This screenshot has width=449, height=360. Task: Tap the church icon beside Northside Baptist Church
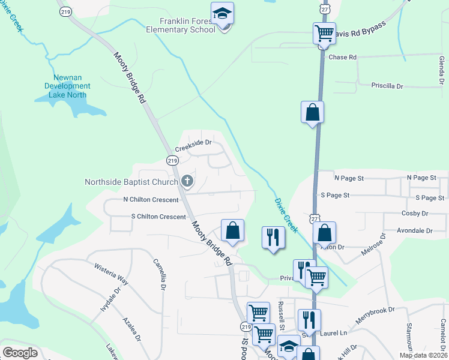(187, 181)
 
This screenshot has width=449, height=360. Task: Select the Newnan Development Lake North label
(67, 86)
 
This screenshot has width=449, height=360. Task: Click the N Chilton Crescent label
(151, 200)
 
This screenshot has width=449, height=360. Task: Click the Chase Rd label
(343, 58)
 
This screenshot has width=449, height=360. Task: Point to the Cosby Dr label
(415, 214)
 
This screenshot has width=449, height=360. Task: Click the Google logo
(20, 353)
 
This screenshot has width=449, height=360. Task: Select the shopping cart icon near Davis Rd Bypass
(324, 33)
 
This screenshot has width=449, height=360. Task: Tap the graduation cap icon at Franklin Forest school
(222, 14)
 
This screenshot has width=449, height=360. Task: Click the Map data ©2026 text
(423, 355)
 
